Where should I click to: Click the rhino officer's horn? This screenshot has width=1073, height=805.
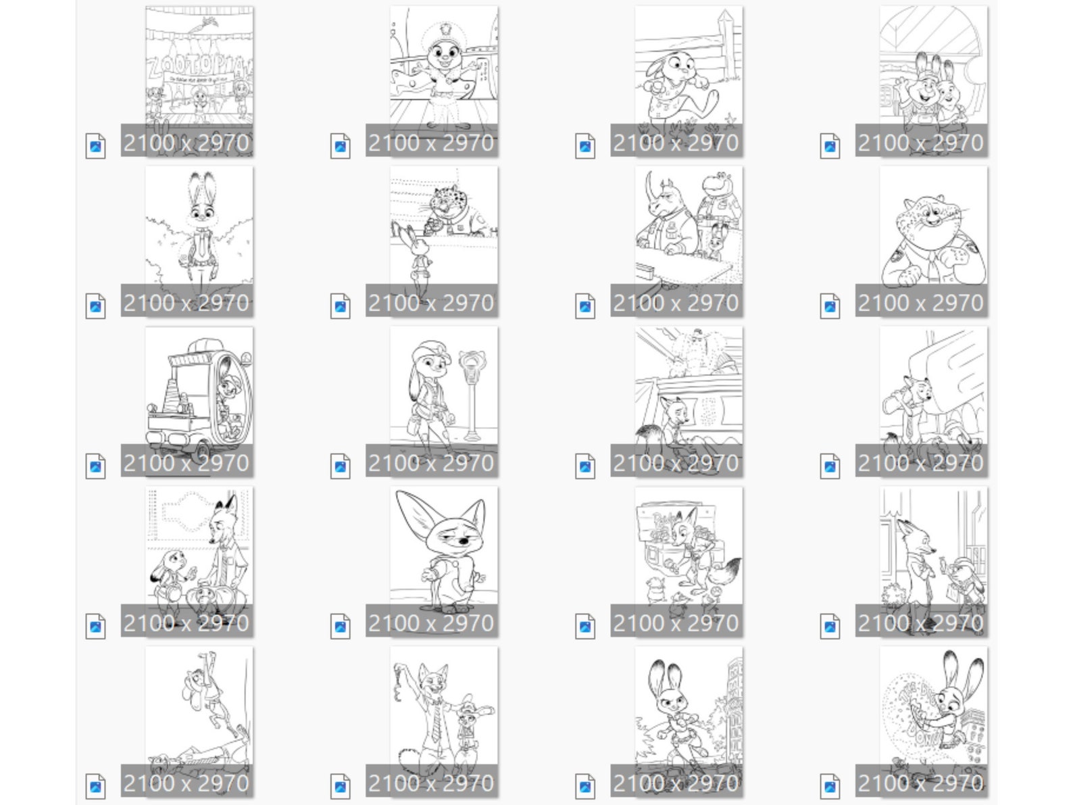tap(651, 183)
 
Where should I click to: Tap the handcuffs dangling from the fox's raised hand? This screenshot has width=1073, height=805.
tap(399, 683)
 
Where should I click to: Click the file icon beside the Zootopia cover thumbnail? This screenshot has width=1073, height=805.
tap(95, 147)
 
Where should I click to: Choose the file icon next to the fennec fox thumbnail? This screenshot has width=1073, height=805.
tap(340, 627)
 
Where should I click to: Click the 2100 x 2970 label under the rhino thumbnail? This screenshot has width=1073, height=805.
tap(676, 303)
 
